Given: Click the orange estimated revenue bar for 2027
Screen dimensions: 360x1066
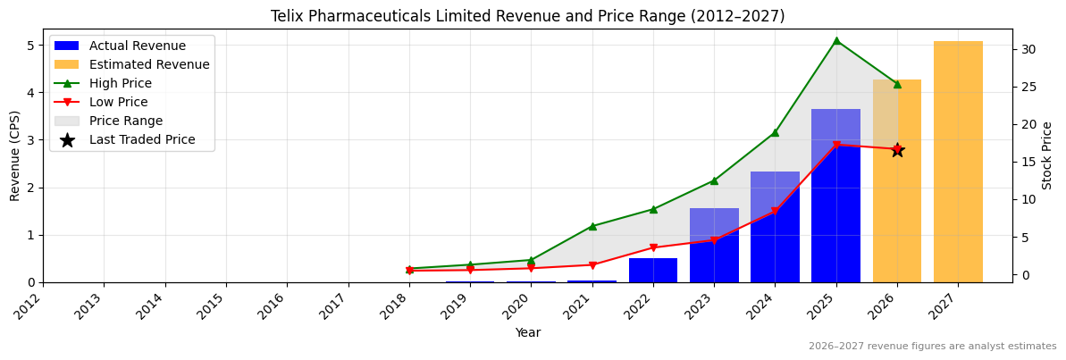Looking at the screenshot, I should coord(958,162).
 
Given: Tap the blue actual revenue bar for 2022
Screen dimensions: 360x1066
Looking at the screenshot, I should coord(653,270).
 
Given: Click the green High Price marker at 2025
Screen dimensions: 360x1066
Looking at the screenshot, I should coord(836,40).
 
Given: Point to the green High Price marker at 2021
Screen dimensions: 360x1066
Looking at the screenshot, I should coord(592,226).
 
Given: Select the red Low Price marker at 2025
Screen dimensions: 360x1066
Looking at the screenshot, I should coord(836,145).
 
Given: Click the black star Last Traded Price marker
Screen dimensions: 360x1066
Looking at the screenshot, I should coord(897,150).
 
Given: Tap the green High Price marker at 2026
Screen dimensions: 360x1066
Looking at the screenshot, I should coord(897,84).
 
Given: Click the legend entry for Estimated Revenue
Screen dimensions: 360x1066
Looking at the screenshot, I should coord(149,64).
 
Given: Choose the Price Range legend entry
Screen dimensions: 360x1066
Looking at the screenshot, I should coord(126,121).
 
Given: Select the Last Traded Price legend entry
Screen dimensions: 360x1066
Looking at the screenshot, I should coord(142,139).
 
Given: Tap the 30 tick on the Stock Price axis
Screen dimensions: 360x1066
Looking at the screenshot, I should coord(1028,49).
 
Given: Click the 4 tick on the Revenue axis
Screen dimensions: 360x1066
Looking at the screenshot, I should coord(31,93).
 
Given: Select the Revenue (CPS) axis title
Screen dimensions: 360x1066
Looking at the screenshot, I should coord(15,155).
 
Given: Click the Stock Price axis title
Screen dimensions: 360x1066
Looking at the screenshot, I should coord(1047,155).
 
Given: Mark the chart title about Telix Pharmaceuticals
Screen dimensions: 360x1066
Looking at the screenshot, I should coord(527,16).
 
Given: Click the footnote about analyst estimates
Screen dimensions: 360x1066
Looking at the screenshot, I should coord(932,347).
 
